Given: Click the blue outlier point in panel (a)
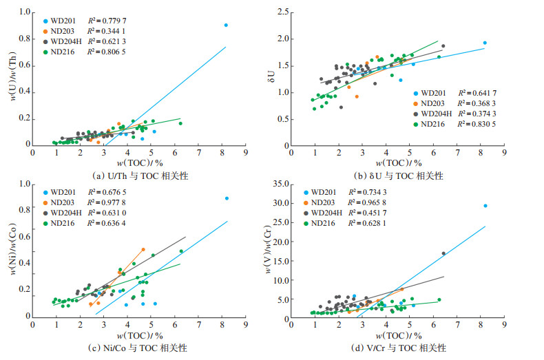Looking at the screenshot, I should (226, 25).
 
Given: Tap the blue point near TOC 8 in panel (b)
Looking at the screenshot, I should (485, 43).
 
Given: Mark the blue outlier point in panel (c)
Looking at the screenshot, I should (227, 198).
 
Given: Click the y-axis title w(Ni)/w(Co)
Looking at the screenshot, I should (12, 251).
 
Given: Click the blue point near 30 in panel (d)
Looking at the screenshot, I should (485, 205).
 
